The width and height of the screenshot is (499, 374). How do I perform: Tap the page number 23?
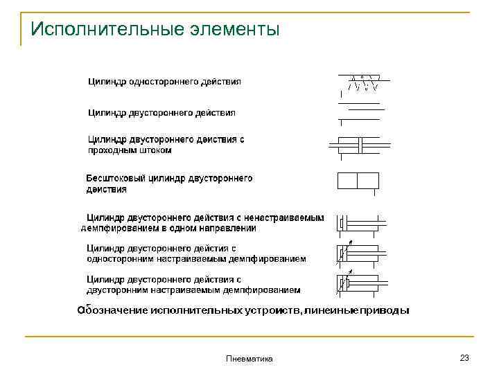click(x=464, y=357)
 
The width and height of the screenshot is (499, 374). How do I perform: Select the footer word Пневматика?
click(x=249, y=359)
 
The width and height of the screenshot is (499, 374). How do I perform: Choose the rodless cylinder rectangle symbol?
click(x=358, y=181)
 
